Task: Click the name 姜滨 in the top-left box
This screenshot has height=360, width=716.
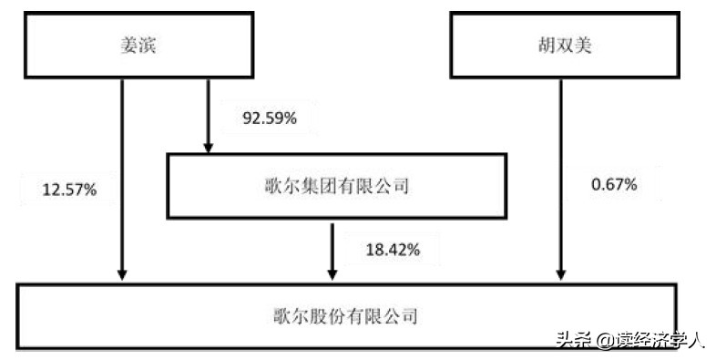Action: point(139,45)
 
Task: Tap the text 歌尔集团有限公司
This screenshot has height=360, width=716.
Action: point(334,188)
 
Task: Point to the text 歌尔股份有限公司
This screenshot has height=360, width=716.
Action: point(345,316)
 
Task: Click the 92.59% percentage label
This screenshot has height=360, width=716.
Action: point(270,118)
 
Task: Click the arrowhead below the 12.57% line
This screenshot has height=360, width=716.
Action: point(121,273)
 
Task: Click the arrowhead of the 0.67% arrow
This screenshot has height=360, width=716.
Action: point(558,273)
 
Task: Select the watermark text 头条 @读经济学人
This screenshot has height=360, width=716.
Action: point(629,340)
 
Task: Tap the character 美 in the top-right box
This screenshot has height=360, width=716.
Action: point(583,45)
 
